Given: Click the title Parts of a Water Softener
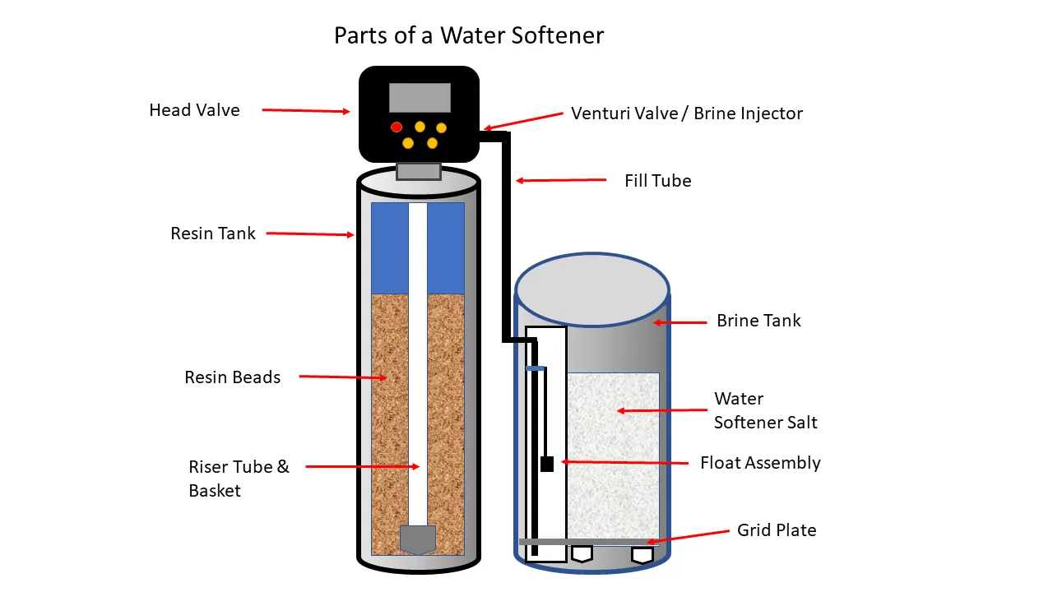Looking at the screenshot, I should click(x=469, y=35).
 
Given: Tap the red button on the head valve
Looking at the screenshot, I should click(x=397, y=127).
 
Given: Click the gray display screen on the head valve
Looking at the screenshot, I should click(x=420, y=97).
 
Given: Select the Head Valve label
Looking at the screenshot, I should click(x=194, y=110).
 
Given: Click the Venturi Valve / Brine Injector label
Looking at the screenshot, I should click(x=687, y=113).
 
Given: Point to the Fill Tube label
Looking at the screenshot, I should click(x=657, y=181).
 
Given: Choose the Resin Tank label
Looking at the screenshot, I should click(x=213, y=234).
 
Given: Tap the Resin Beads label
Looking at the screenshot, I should click(x=232, y=377).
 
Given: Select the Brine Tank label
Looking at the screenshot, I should click(x=758, y=321).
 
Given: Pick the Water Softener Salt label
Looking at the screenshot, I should click(x=765, y=410).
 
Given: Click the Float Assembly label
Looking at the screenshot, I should click(x=760, y=463).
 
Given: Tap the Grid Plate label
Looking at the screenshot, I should click(x=777, y=530).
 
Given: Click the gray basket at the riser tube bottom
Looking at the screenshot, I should click(x=417, y=539).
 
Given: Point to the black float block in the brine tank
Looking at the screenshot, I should click(x=547, y=464).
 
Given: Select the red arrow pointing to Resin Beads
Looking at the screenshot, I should click(x=342, y=377).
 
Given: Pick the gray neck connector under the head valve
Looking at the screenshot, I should click(x=418, y=172).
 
